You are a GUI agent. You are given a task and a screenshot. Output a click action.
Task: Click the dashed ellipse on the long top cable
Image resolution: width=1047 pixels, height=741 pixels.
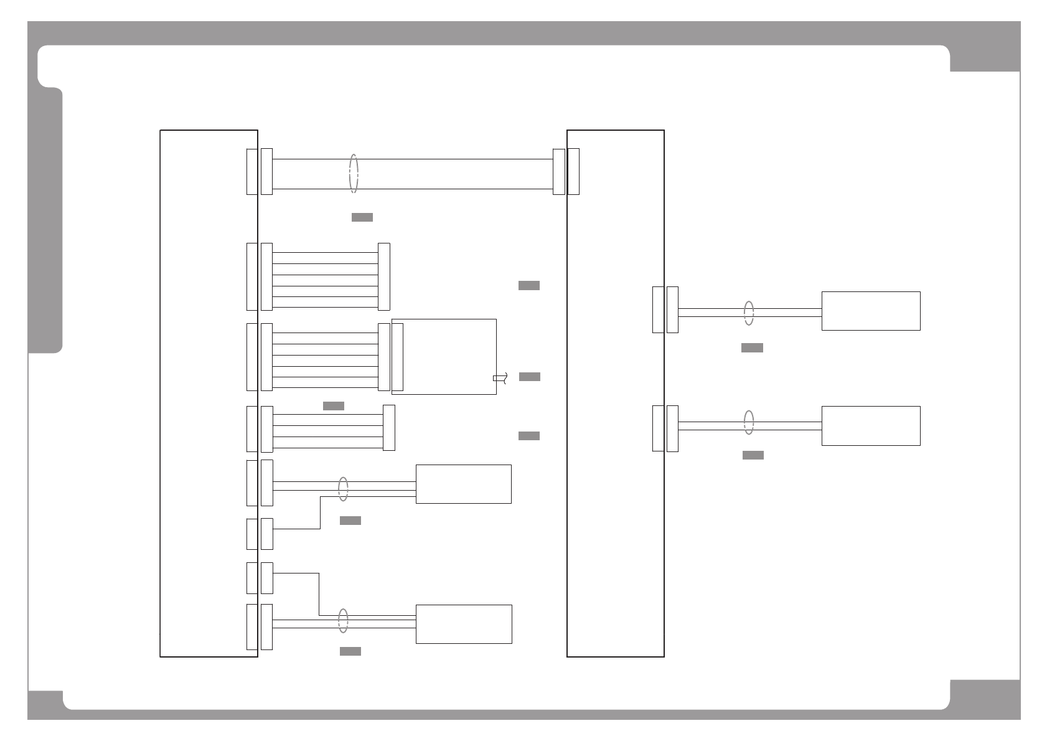(354, 174)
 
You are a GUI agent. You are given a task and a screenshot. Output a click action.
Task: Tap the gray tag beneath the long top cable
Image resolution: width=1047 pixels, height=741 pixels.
(362, 217)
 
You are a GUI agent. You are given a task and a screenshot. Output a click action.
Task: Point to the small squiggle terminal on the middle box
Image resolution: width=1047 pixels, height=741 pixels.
(500, 378)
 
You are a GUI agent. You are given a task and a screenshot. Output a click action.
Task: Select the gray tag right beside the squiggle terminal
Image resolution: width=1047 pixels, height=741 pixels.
(530, 377)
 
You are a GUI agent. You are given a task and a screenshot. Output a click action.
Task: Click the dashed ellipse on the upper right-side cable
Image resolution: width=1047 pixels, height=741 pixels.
(749, 313)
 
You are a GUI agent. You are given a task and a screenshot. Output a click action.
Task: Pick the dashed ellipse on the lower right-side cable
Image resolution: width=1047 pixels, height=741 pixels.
(749, 422)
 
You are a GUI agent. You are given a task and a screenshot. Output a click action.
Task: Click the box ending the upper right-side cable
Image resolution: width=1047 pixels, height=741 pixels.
(871, 311)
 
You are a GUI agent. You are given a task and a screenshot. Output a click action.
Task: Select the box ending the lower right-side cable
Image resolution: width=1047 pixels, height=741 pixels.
(871, 426)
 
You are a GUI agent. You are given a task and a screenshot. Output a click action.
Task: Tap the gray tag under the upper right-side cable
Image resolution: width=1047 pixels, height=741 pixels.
(752, 348)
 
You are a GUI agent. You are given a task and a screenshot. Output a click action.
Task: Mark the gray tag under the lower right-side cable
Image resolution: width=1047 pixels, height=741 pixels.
(753, 456)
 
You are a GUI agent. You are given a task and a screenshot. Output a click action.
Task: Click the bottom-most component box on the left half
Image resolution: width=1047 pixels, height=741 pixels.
(464, 624)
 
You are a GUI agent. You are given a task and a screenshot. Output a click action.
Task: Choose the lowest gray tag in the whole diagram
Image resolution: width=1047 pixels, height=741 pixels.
(350, 651)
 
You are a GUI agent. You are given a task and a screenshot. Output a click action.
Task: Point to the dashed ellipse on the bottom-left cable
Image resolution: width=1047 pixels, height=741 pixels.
(343, 621)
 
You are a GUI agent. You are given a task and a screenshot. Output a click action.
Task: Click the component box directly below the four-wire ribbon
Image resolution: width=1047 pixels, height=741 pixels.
(464, 484)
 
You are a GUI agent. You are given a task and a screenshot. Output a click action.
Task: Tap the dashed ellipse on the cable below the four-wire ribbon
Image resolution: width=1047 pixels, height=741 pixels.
(343, 489)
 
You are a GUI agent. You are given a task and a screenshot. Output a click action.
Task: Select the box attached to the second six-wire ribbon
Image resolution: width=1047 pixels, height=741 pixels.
(444, 357)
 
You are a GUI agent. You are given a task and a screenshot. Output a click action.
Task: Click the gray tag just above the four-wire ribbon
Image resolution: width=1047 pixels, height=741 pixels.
(334, 406)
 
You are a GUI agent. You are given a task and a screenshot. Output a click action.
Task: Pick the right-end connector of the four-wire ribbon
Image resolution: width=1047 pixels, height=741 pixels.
(389, 428)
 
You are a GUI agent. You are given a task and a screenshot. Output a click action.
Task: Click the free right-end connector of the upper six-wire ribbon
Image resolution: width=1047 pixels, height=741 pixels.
(384, 276)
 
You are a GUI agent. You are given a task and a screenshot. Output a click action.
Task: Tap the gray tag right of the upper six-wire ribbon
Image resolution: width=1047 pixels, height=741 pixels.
(529, 286)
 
